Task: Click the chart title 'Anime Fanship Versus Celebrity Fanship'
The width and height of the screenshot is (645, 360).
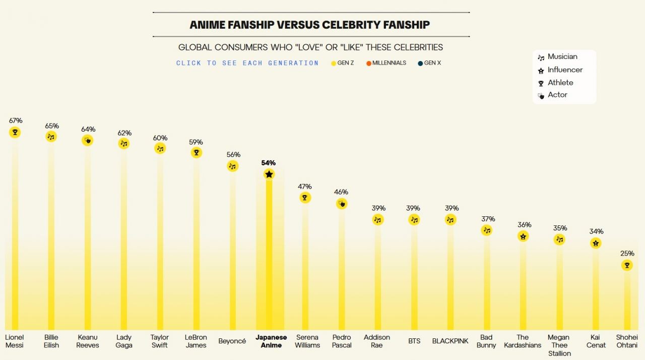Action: [x=309, y=25]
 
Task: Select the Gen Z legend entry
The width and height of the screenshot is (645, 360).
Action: [x=343, y=63]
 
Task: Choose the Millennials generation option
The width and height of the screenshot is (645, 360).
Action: [x=386, y=63]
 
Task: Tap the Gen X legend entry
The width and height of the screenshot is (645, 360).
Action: [x=429, y=63]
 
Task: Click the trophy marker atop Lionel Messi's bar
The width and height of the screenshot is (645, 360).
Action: [x=15, y=132]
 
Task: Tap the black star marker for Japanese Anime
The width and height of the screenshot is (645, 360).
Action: [x=269, y=174]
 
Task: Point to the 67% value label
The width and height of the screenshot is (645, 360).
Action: [x=16, y=121]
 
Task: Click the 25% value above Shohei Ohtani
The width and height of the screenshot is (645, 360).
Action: [x=627, y=253]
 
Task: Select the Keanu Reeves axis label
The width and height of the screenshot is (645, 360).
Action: [x=88, y=341]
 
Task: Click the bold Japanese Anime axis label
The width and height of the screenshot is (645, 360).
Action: [x=271, y=341]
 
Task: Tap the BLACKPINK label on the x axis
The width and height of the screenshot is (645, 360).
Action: [x=450, y=341]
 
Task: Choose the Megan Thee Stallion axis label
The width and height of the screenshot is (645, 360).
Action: [x=559, y=345]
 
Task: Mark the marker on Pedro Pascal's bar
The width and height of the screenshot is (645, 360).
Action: [x=342, y=203]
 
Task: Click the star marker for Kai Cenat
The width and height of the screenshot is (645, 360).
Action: [x=596, y=243]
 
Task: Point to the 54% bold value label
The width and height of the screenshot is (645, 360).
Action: [x=269, y=163]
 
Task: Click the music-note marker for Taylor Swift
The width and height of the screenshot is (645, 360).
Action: [x=160, y=148]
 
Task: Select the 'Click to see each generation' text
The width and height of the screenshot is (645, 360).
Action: [x=247, y=63]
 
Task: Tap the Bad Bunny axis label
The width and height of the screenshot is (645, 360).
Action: [x=486, y=341]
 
